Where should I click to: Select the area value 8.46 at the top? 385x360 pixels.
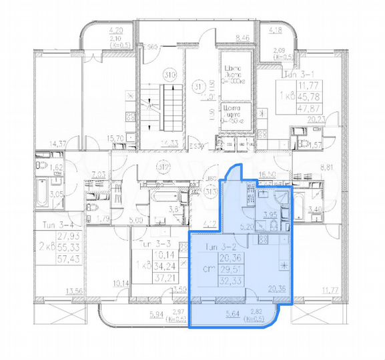coord(242,38)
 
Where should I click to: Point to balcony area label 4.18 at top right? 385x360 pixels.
coord(275,30)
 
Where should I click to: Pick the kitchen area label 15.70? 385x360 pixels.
coord(116,139)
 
